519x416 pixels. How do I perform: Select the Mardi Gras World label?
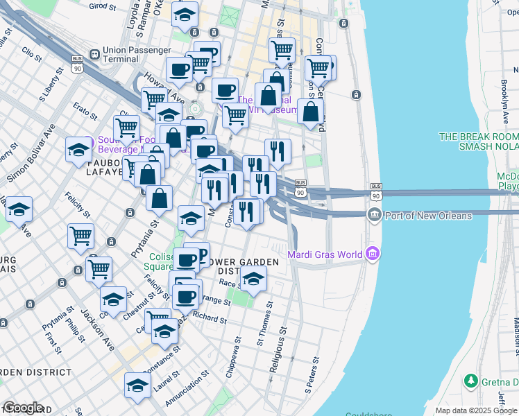pos(325,254)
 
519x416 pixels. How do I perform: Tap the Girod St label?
pos(101,6)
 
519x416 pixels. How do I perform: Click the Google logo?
pos(22,408)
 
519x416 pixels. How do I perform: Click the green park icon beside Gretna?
pos(470,381)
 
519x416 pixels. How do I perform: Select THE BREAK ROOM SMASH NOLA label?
pos(479,141)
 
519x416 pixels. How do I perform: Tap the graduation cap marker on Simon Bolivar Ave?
pos(78,149)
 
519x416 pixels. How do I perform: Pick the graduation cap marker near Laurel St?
pos(137,385)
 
